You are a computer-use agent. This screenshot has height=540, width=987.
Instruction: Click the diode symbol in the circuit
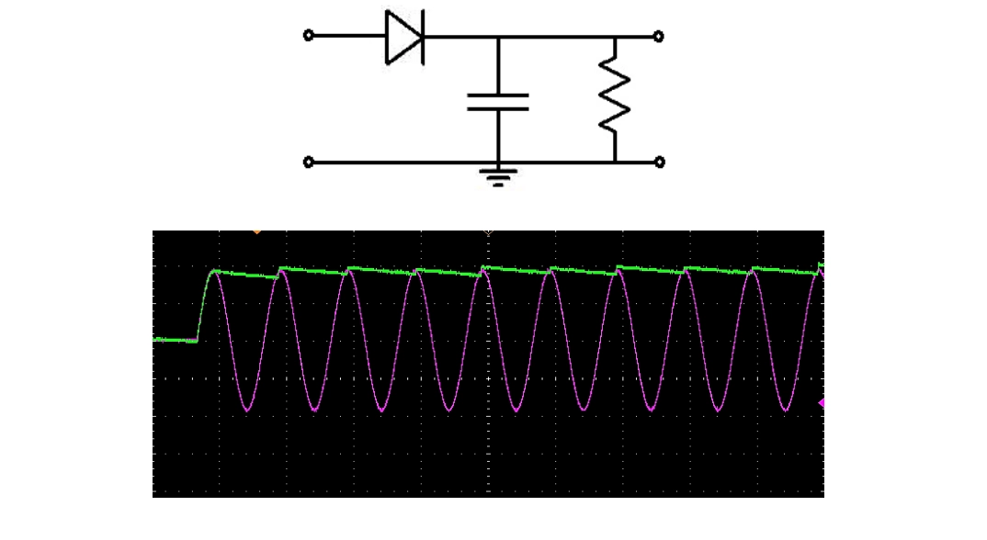pos(403,37)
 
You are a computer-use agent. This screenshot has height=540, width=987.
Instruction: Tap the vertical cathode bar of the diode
pos(422,37)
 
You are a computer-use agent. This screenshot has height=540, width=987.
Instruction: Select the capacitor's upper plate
pos(498,95)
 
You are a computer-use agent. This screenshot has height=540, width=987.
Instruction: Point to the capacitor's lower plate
pos(498,108)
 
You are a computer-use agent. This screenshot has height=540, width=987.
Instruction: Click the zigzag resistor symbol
pos(615,94)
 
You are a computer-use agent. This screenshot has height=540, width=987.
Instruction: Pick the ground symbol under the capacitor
pos(498,175)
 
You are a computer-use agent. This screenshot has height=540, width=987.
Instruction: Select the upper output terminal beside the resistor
pos(658,37)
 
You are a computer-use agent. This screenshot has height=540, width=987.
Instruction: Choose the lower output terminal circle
pos(658,163)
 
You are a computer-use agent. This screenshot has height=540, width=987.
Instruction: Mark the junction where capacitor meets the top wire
pos(498,37)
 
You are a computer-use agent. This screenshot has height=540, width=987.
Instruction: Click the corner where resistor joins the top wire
pos(615,37)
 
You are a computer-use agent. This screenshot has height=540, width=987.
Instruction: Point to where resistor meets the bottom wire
pos(615,163)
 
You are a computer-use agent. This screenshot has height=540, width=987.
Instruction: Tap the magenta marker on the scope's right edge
pos(822,403)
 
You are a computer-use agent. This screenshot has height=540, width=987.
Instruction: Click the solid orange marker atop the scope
pos(256,232)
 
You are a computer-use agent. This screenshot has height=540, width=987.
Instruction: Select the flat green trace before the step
pos(175,340)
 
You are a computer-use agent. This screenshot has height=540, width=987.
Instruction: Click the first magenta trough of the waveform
pos(248,411)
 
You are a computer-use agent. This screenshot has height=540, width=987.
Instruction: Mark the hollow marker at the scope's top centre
pos(488,233)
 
